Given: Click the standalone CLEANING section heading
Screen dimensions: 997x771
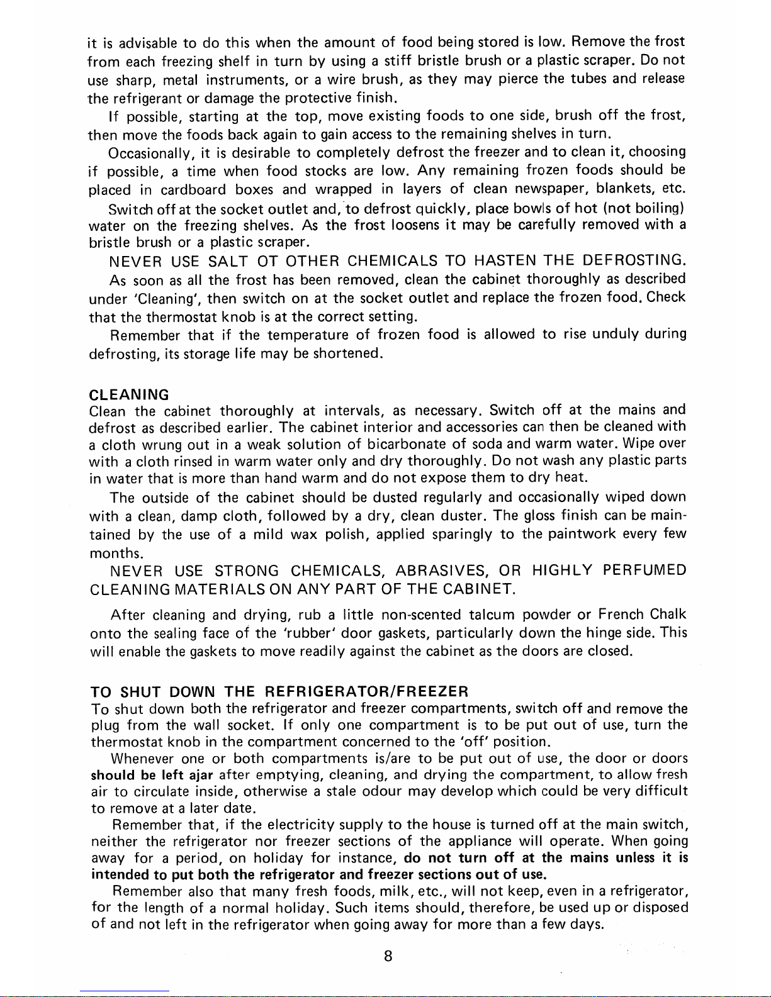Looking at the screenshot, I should (x=129, y=395).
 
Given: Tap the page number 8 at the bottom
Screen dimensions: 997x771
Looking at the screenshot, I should (x=388, y=956).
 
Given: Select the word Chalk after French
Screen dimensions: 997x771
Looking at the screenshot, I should (x=667, y=615).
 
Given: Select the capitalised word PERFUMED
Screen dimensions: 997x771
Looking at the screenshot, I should (x=643, y=571).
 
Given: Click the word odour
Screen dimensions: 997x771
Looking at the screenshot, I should (x=382, y=791).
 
